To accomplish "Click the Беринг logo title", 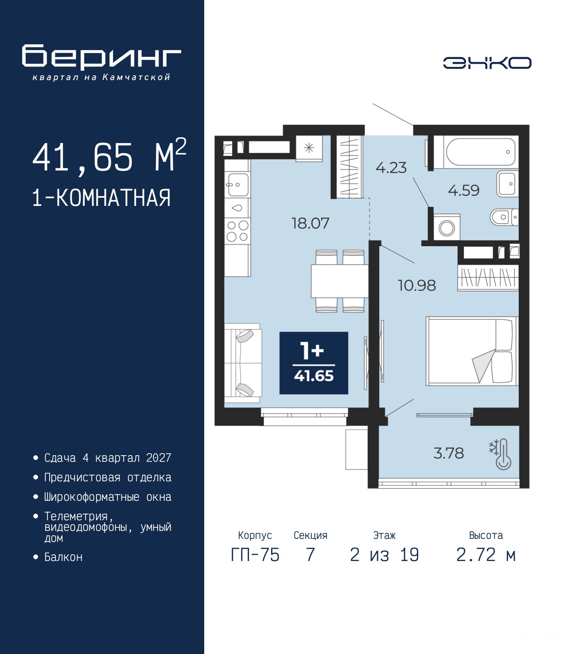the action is pos(101,57).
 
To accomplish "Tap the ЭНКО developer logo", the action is pos(487,63).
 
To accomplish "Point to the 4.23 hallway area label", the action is pos(391,168).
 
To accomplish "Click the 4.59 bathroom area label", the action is pos(464,190).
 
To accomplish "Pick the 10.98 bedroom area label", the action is pos(417,286).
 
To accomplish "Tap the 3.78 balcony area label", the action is pos(449,453).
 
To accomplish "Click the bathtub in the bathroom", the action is pos(480,152).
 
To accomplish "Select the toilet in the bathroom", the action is pos(504,217).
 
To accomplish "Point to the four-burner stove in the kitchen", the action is pos(237,231).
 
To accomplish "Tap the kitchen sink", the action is pos(237,185).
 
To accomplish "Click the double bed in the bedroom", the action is pos(472,351).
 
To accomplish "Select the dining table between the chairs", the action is pos(339,281).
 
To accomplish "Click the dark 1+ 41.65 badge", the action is pos(314,363).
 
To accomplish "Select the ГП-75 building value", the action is pos(255,555).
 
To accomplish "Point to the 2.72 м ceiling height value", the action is pos(486,555).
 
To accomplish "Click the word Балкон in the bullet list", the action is pos(63,557).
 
